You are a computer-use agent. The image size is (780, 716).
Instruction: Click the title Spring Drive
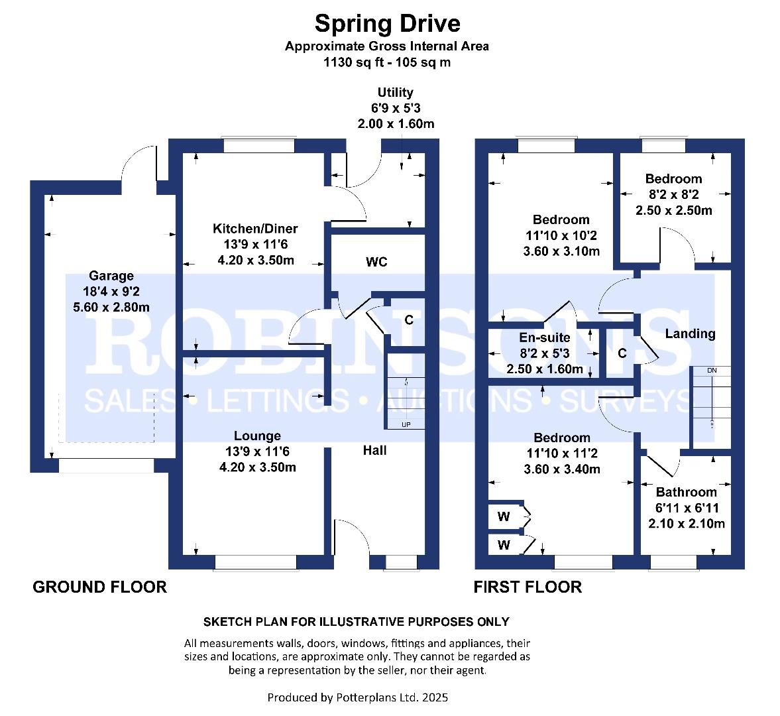(387, 24)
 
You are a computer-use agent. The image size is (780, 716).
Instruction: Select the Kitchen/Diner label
(255, 229)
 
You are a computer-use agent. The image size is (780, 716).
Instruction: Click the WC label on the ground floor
(376, 263)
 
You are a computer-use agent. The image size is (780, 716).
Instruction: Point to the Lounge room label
(257, 436)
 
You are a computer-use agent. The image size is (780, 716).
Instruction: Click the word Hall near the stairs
(374, 450)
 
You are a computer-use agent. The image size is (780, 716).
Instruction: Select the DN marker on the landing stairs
(711, 370)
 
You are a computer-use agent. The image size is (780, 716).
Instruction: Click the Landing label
(690, 333)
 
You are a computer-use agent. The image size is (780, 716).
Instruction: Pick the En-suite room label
(544, 337)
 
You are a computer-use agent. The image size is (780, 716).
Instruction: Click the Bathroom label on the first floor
(686, 492)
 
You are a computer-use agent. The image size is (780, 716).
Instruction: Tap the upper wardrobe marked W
(504, 516)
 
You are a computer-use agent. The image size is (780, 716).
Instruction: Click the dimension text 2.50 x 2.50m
(673, 210)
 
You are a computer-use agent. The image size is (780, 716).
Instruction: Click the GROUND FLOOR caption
(99, 587)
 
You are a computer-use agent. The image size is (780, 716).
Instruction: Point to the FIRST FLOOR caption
(528, 587)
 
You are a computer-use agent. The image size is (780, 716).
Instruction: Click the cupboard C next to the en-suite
(622, 353)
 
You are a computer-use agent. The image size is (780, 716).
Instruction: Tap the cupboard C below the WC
(409, 320)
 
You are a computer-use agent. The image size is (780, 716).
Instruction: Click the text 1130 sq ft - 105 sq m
(387, 62)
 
